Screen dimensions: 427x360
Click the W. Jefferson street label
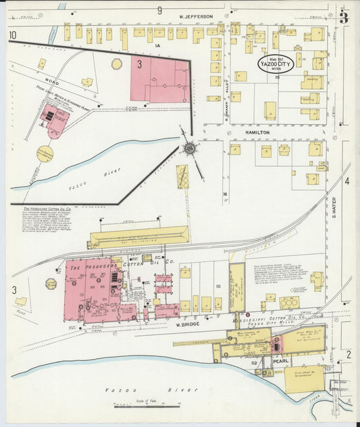point(196,16)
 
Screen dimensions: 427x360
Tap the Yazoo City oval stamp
point(275,64)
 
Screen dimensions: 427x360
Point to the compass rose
point(190,147)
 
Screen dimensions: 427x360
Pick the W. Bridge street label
point(189,325)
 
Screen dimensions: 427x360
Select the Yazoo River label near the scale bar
point(151,390)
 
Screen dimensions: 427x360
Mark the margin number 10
point(12,35)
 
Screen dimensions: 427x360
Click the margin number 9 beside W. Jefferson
point(160,10)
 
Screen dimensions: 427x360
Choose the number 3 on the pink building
point(139,65)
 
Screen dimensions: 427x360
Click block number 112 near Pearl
point(253,363)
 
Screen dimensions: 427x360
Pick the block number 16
point(225,195)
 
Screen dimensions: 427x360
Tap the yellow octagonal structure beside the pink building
point(117,64)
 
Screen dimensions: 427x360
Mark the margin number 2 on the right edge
point(349,354)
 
